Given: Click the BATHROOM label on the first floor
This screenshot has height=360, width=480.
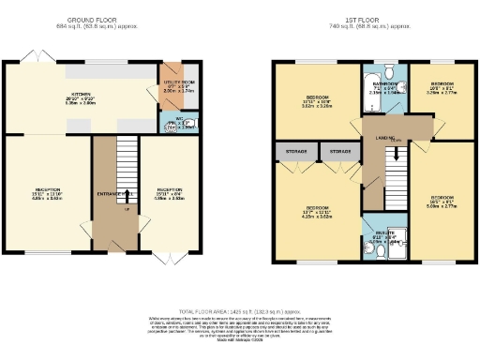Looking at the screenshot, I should coord(385,85).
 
